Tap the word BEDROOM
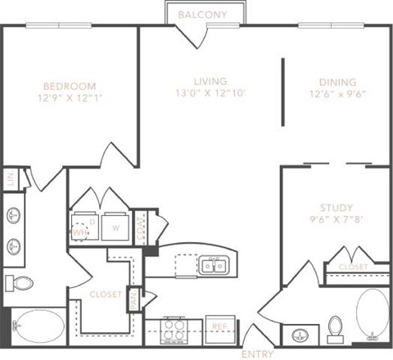[x=70, y=86]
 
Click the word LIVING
[x=210, y=80]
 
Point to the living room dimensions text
[x=210, y=93]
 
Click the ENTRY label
[x=257, y=353]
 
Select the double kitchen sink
[x=215, y=265]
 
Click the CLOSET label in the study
[x=353, y=267]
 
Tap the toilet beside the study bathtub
[x=334, y=329]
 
